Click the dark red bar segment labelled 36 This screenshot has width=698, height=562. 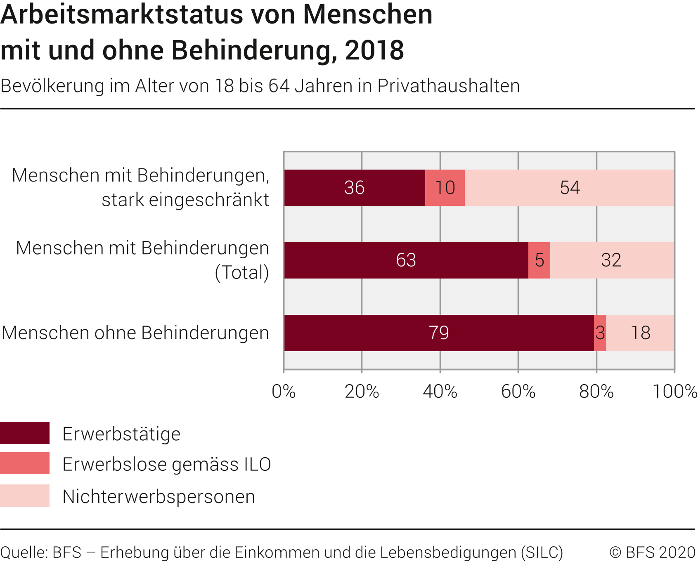tap(354, 188)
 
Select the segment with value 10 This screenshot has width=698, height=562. tap(445, 188)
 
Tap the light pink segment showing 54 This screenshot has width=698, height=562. tap(570, 188)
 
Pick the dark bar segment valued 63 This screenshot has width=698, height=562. tap(406, 260)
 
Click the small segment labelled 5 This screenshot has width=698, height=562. tap(539, 260)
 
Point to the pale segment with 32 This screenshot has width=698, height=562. tap(611, 260)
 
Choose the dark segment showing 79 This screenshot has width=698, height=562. tap(438, 333)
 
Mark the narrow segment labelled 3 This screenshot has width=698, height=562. tap(600, 333)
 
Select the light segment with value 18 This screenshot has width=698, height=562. tap(640, 333)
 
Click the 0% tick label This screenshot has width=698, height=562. tap(284, 392)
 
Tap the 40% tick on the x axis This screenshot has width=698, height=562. tap(440, 392)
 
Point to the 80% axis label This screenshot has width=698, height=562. tap(596, 392)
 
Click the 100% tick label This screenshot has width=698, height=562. tap(674, 392)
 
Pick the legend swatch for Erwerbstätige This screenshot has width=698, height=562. tap(25, 433)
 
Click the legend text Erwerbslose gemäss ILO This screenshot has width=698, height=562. tap(166, 465)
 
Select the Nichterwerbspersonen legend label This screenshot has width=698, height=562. tap(159, 496)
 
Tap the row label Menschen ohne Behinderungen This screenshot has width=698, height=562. tap(135, 333)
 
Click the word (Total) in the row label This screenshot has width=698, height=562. tap(242, 272)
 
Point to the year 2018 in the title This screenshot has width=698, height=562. tap(374, 50)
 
